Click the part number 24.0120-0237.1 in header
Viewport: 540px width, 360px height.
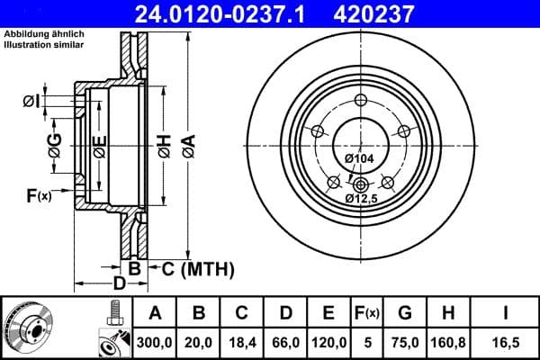click(233, 13)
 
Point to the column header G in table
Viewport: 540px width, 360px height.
click(405, 314)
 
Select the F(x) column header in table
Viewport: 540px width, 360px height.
click(368, 314)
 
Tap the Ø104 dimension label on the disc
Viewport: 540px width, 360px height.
click(359, 158)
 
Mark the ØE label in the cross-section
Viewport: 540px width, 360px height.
click(99, 148)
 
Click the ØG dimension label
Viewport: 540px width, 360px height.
click(55, 149)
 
